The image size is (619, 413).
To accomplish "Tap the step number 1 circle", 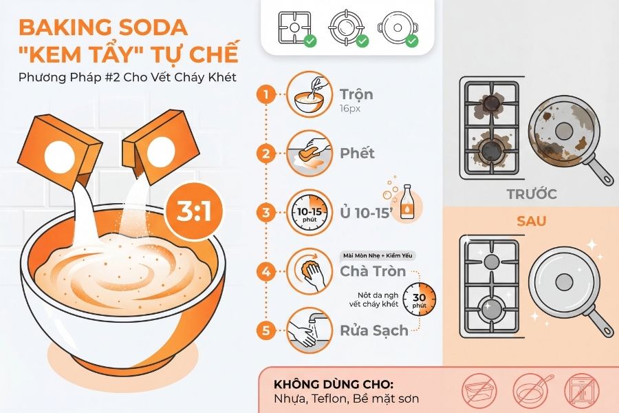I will point(265,94).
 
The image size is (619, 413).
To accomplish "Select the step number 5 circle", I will point(265,330).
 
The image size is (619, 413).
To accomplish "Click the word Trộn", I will point(356,94).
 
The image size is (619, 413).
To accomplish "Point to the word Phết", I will point(358,153).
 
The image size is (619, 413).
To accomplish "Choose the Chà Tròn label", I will point(373,271).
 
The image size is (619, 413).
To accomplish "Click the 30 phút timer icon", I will point(419,298).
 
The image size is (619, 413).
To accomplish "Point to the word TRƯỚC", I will point(531,194).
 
